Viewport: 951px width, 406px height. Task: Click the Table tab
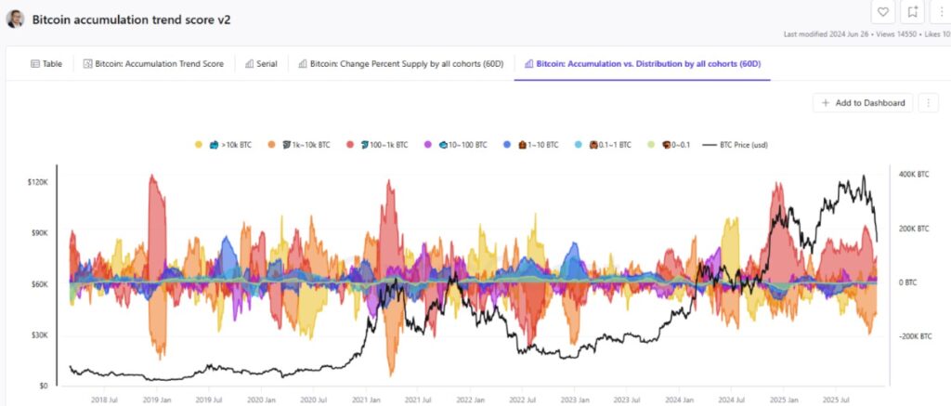pyautogui.click(x=46, y=64)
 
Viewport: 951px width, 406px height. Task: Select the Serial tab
pyautogui.click(x=261, y=64)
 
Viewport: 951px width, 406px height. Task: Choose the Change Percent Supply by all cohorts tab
pyautogui.click(x=401, y=64)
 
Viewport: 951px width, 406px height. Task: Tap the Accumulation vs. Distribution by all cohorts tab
pyautogui.click(x=642, y=64)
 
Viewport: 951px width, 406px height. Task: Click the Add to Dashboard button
pyautogui.click(x=863, y=103)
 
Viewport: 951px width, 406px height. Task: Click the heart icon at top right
pyautogui.click(x=883, y=12)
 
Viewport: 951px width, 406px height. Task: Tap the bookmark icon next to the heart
pyautogui.click(x=914, y=12)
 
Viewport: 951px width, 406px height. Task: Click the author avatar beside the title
pyautogui.click(x=16, y=19)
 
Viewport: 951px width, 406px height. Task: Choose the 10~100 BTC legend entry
pyautogui.click(x=456, y=145)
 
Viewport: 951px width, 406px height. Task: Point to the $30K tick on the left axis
pyautogui.click(x=37, y=334)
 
